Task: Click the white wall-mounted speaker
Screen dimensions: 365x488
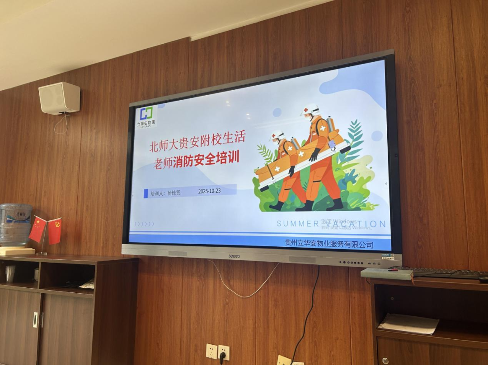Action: click(x=59, y=97)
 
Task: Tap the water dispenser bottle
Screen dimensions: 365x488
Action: click(x=15, y=224)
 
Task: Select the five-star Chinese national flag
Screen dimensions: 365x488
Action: click(x=38, y=229)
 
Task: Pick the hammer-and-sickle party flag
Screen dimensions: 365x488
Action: click(x=55, y=231)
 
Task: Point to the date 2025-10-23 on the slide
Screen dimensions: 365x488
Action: click(x=209, y=191)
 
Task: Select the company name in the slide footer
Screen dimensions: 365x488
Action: click(x=329, y=244)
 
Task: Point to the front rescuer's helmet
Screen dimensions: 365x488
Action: click(x=277, y=135)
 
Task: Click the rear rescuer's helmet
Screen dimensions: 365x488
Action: click(x=311, y=109)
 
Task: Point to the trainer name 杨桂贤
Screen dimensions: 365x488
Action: click(x=174, y=193)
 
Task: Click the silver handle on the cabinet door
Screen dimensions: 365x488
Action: click(x=36, y=319)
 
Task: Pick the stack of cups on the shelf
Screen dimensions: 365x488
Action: click(x=10, y=273)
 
